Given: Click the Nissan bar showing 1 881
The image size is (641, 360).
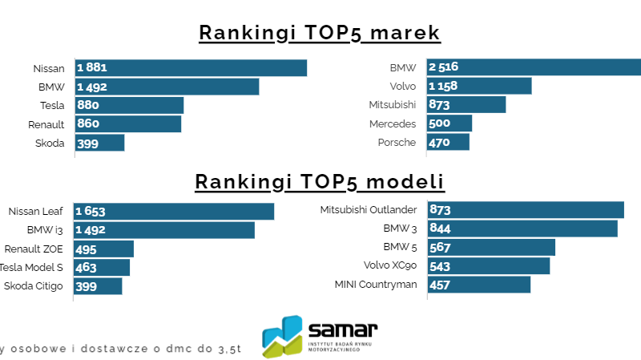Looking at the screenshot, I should coord(191,68).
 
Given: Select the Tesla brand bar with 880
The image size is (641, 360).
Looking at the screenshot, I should coord(130,105).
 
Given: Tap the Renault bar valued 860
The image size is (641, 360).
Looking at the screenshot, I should coord(128,124).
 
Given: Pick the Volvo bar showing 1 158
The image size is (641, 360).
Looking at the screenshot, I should coord(479,86).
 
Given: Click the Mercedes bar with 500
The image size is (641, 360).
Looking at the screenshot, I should coord(450,123).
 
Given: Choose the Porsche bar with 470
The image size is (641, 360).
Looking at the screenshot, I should coord(448,143).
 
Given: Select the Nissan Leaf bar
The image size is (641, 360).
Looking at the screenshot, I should coord(174,212).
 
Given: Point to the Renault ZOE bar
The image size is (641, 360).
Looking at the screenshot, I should coord(104,249).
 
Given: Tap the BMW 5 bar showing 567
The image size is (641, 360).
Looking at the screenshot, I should coord(491,247).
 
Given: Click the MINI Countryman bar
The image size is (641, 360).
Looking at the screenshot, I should coord(479,285).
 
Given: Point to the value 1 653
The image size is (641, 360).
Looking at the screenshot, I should coord(91,212).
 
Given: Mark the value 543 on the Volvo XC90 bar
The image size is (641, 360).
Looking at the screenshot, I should coord(441,266).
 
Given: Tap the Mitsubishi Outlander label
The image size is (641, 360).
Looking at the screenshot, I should coord(368,210).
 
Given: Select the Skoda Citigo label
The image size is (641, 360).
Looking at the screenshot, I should coord(34,286).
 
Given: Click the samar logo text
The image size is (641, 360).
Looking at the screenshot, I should coord(342,329).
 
